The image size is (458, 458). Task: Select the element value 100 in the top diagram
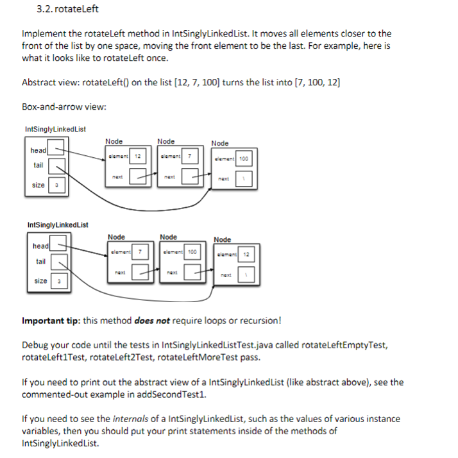coord(244,159)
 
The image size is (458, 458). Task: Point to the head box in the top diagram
coord(56,150)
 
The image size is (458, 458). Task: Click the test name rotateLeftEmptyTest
coord(344,344)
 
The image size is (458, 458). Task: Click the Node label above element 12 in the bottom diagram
coord(222,240)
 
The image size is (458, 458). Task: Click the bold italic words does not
coord(151,320)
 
